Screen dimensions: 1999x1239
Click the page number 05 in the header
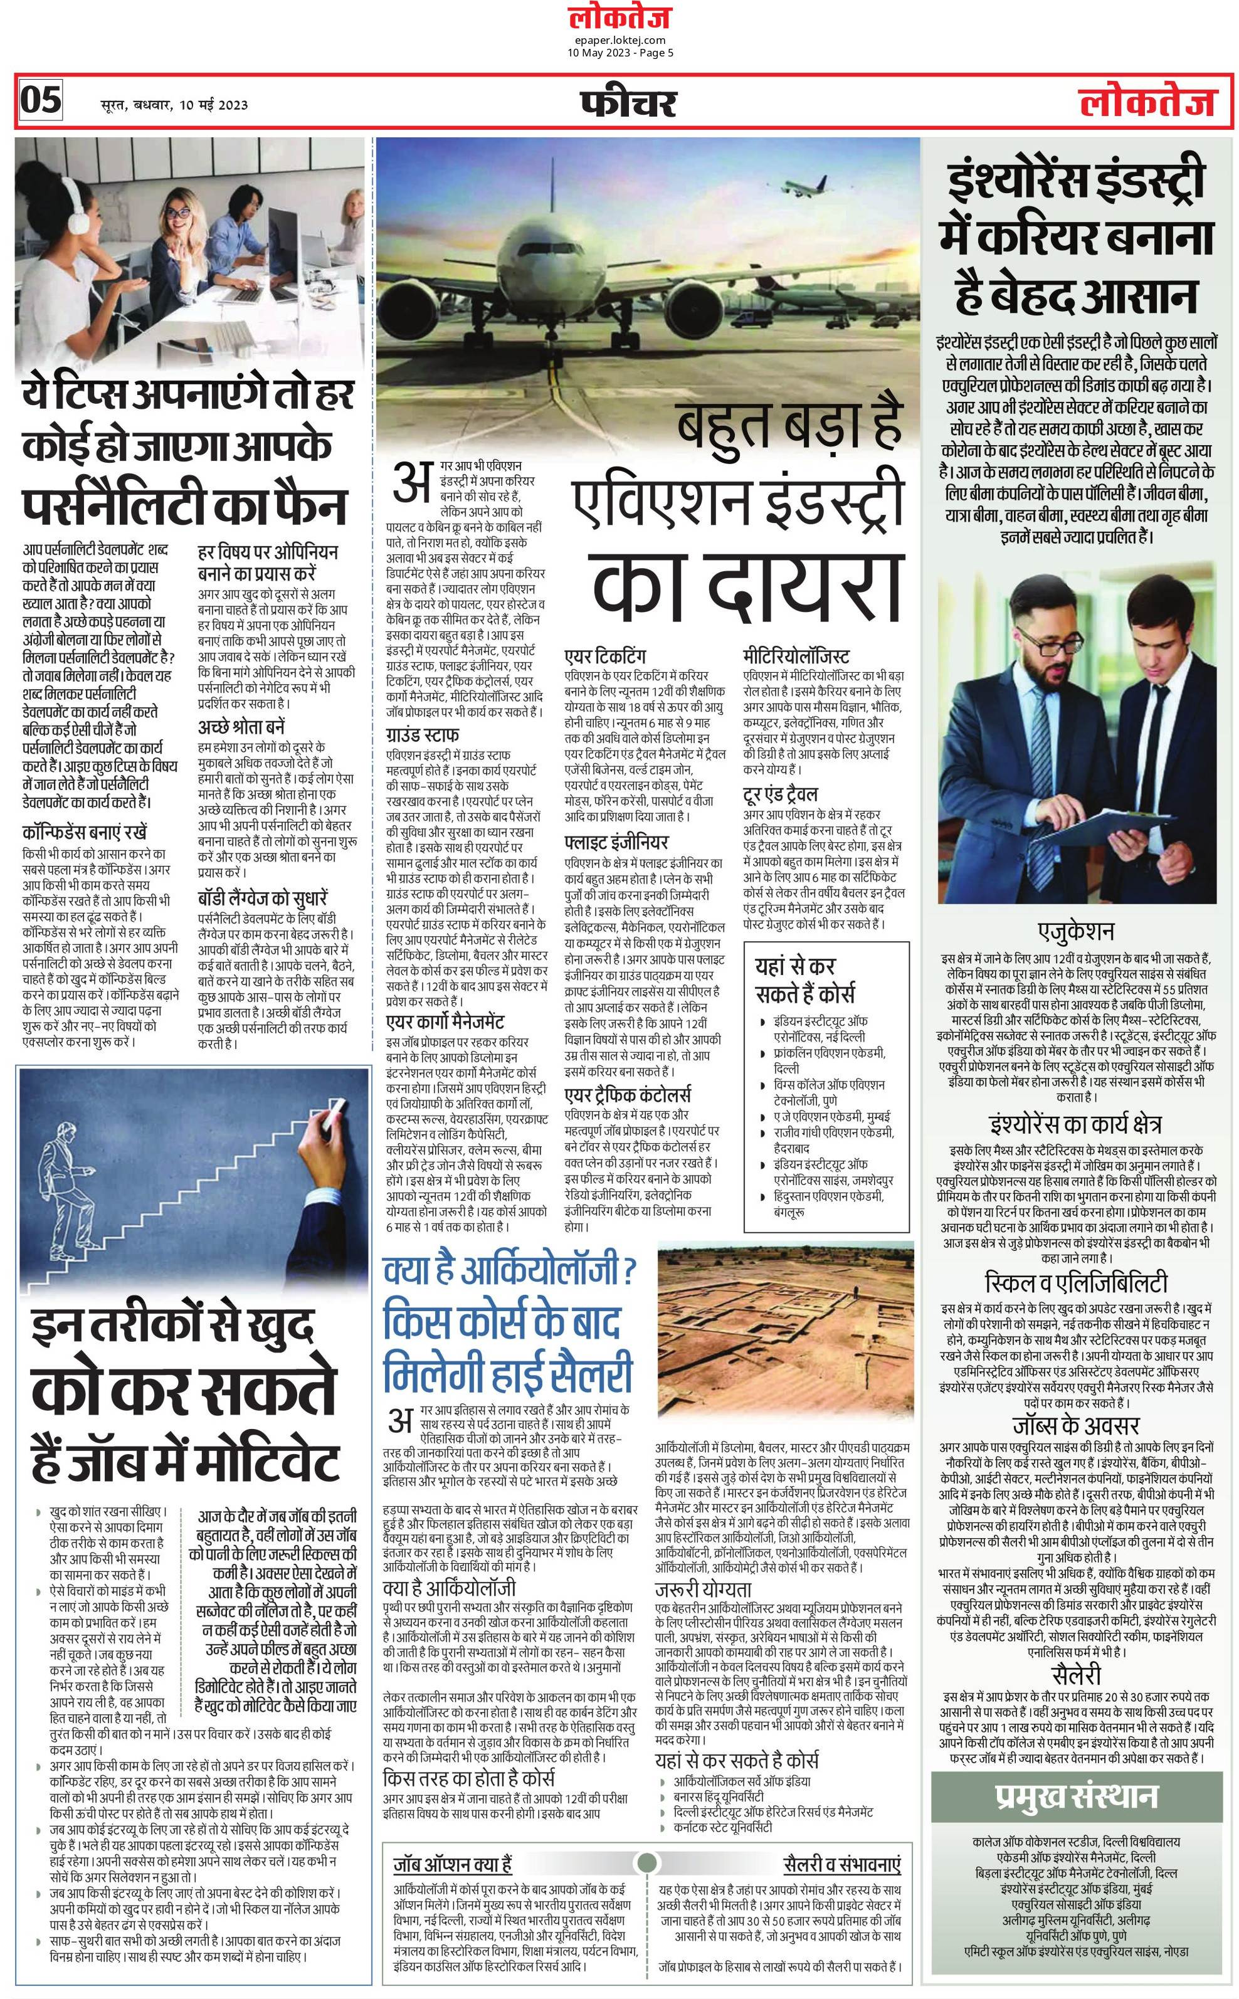40,100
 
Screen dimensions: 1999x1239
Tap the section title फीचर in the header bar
628,103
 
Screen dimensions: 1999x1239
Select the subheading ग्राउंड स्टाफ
422,734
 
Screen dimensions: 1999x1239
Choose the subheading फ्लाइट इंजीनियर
616,842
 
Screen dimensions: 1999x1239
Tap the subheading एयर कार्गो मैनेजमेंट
445,1021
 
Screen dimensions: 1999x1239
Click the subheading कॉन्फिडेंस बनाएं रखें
85,832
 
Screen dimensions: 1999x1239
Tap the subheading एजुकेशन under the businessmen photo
1076,932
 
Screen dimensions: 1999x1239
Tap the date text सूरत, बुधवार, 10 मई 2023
174,104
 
